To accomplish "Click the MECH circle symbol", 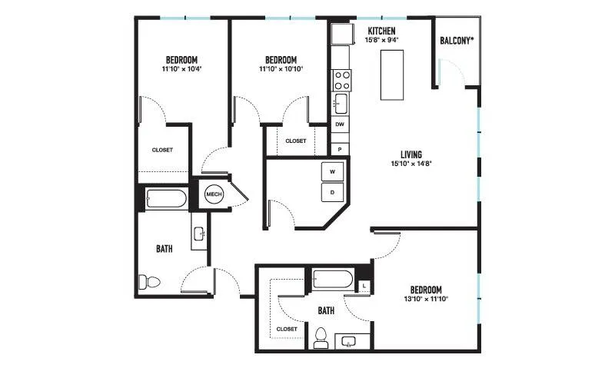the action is pyautogui.click(x=214, y=194).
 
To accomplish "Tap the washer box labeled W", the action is pyautogui.click(x=332, y=171).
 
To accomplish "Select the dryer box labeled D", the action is pyautogui.click(x=332, y=192).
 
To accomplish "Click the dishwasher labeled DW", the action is pyautogui.click(x=340, y=124).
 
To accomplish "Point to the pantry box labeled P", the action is pyautogui.click(x=340, y=149).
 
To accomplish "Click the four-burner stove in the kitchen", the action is pyautogui.click(x=341, y=81).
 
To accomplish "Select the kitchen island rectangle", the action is pyautogui.click(x=392, y=75).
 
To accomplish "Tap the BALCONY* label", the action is pyautogui.click(x=457, y=41).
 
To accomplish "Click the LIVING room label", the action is pyautogui.click(x=411, y=154).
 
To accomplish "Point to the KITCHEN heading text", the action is pyautogui.click(x=381, y=31).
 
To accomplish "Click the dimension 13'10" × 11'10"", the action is pyautogui.click(x=426, y=299).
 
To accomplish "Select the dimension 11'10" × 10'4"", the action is pyautogui.click(x=181, y=69).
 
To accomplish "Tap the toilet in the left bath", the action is pyautogui.click(x=149, y=282).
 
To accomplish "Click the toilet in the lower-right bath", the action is pyautogui.click(x=321, y=339).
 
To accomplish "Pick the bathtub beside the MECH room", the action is pyautogui.click(x=166, y=199).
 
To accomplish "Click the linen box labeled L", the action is pyautogui.click(x=364, y=286).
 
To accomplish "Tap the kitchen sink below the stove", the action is pyautogui.click(x=341, y=104).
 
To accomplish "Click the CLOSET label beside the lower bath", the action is pyautogui.click(x=287, y=329).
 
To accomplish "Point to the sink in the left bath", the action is pyautogui.click(x=199, y=234).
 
